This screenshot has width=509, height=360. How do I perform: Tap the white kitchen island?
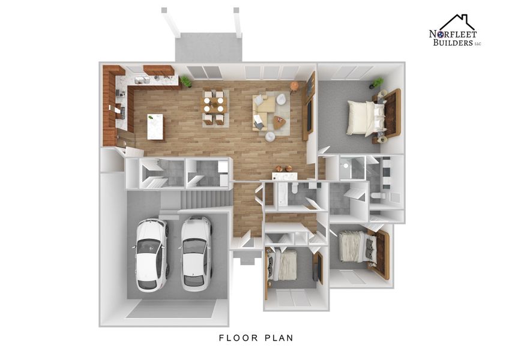(x=155, y=126)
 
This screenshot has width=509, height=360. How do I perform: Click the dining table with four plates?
(x=213, y=106)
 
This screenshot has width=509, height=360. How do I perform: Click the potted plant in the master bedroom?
(x=378, y=82)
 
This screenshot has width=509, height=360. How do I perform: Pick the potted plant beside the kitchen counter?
(x=186, y=81)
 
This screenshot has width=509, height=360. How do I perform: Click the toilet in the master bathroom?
(x=378, y=195)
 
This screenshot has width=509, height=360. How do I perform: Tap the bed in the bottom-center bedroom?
(x=284, y=265)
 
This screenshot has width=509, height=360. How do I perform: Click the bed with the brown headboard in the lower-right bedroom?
(x=360, y=247)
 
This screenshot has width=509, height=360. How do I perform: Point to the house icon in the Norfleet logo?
(x=457, y=23)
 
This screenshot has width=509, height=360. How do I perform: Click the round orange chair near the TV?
(x=294, y=86)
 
